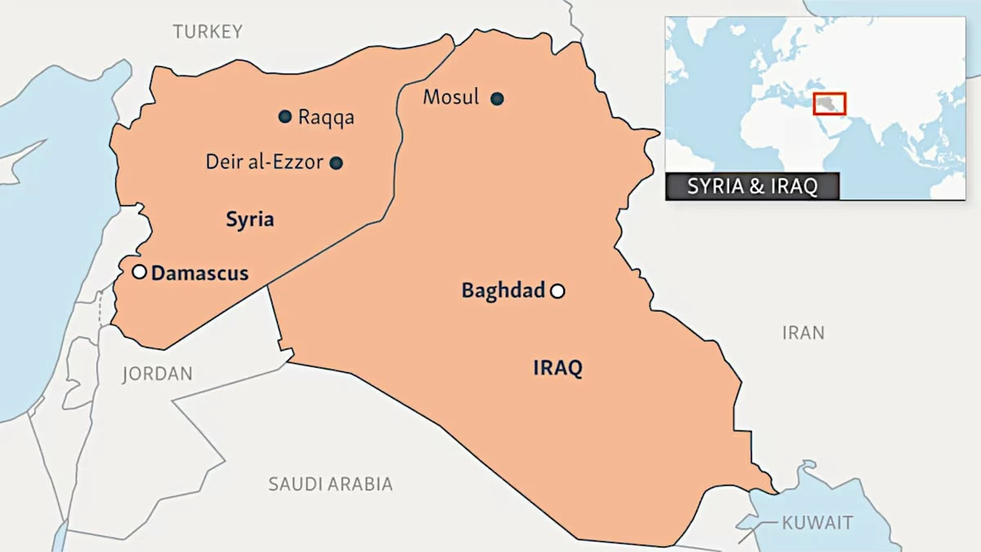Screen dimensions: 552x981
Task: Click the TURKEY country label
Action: (208, 32)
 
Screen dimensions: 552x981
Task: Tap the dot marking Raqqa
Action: (284, 117)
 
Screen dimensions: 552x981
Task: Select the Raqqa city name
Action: (326, 117)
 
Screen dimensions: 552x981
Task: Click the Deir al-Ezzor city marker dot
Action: (336, 163)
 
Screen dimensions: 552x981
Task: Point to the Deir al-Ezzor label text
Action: (264, 162)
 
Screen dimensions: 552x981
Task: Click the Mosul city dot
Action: (497, 99)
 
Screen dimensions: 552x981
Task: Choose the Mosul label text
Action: (451, 97)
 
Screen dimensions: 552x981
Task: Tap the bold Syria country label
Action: (249, 219)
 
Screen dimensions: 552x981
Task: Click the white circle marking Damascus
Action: (140, 272)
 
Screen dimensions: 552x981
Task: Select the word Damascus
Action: (199, 273)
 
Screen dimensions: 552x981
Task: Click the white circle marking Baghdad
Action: (558, 290)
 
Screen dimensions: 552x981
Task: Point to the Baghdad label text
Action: (503, 290)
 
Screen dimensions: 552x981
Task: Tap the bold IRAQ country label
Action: (558, 368)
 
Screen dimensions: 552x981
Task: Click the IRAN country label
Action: (803, 333)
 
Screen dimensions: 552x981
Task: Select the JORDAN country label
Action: (157, 374)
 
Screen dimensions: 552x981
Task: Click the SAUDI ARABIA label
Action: (330, 484)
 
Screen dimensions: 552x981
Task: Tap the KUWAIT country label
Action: (817, 523)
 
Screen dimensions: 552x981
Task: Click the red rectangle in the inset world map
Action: (829, 104)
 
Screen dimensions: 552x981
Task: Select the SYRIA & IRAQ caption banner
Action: (752, 186)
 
